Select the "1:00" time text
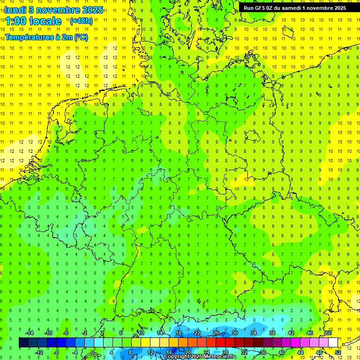pyautogui.click(x=17, y=21)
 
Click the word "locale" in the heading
pyautogui.click(x=46, y=21)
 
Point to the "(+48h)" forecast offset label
pyautogui.click(x=81, y=21)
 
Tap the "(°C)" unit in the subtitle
pyautogui.click(x=81, y=37)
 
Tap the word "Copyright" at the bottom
pyautogui.click(x=176, y=357)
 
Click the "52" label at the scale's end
pyautogui.click(x=337, y=352)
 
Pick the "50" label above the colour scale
pyautogui.click(x=329, y=333)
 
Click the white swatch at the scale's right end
pyautogui.click(x=333, y=343)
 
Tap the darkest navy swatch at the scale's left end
pyautogui.click(x=23, y=343)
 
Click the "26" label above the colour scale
pyautogui.click(x=216, y=333)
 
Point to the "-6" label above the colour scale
pyautogui.click(x=66, y=333)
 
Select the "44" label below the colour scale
pyautogui.click(x=300, y=352)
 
